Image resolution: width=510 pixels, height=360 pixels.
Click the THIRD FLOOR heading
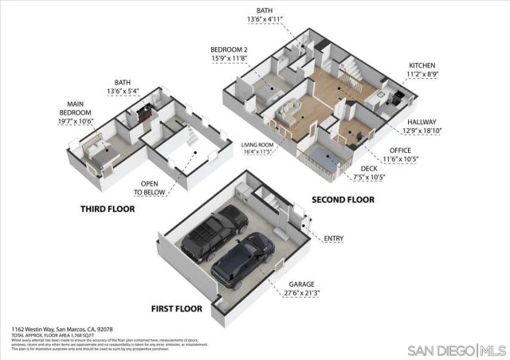(x=108, y=209)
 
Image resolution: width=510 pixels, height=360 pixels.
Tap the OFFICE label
(x=400, y=150)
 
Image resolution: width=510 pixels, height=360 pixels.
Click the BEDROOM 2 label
(x=229, y=49)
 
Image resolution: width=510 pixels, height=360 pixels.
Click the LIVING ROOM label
(x=257, y=144)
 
